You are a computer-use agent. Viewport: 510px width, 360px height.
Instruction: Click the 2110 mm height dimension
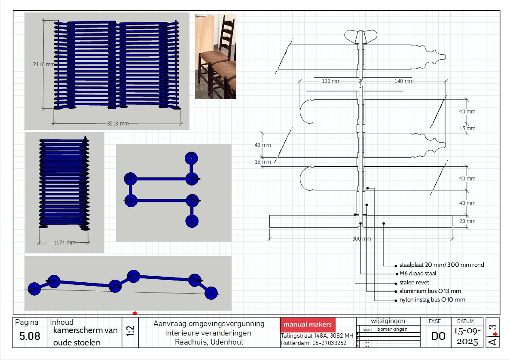(44, 64)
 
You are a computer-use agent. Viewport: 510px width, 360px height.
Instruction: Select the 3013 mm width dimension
(118, 124)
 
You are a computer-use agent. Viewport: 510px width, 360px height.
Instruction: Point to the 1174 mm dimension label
(64, 243)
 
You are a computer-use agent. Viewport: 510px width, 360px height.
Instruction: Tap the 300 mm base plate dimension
(361, 239)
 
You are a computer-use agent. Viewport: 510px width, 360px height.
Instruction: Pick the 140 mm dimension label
(403, 81)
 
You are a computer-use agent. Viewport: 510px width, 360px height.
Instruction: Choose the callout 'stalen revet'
(414, 283)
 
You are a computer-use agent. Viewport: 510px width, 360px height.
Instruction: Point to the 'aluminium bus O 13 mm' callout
(430, 291)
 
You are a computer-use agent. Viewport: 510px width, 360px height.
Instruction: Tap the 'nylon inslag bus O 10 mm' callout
(432, 300)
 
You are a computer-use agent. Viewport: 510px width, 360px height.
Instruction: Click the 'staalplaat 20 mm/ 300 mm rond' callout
(442, 265)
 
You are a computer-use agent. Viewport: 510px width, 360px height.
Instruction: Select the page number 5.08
(30, 336)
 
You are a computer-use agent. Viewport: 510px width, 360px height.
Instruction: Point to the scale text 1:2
(130, 331)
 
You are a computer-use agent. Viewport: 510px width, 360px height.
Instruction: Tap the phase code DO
(438, 336)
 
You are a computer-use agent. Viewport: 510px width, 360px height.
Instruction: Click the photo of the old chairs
(215, 57)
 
